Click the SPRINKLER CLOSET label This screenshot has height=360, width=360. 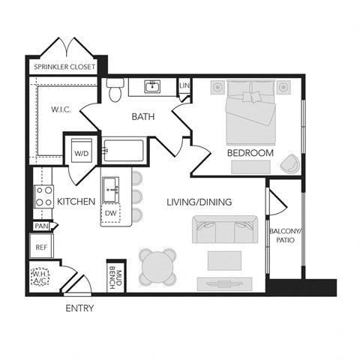(x=67, y=67)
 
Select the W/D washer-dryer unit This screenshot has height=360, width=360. (x=79, y=151)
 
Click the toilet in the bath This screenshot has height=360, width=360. (x=115, y=90)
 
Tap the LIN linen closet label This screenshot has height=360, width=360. (x=184, y=87)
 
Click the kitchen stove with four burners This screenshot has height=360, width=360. (x=43, y=195)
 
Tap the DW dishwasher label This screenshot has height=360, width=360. (x=110, y=213)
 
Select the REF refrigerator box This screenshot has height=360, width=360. (x=40, y=245)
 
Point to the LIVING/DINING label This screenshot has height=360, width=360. (x=198, y=202)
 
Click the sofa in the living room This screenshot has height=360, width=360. (x=223, y=229)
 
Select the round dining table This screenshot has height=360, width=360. (x=159, y=265)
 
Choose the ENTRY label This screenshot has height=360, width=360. (x=79, y=308)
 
